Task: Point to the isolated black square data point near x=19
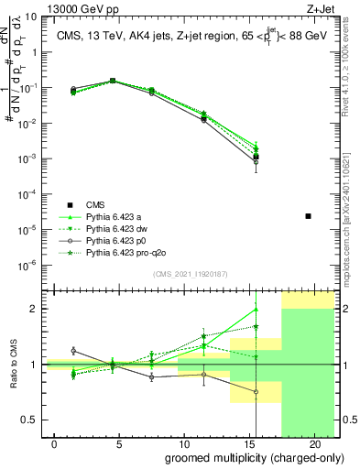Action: click(308, 216)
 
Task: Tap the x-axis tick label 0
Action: click(55, 444)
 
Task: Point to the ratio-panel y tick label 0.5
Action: click(30, 420)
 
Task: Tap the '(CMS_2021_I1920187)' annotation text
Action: click(190, 273)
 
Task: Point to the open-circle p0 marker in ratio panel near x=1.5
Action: click(74, 351)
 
